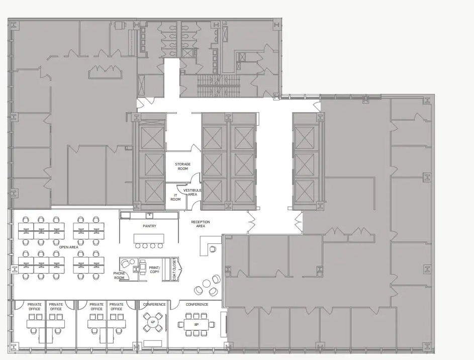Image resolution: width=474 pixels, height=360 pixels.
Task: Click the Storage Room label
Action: point(182,166)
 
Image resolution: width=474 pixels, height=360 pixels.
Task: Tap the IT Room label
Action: point(175,198)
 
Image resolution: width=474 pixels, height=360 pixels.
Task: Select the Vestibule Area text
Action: point(192,192)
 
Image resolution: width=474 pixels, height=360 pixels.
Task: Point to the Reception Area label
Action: point(201,224)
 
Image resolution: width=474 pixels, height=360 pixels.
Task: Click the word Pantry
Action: point(149,226)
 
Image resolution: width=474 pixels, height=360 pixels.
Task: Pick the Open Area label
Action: point(69,247)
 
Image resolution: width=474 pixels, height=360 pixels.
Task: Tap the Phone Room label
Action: point(119,276)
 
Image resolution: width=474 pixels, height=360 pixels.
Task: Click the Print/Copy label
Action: point(154,269)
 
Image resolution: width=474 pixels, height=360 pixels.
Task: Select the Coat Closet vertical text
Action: point(174,269)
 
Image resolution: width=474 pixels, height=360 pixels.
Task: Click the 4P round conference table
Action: point(153,322)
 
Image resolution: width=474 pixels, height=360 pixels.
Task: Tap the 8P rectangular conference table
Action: point(197,325)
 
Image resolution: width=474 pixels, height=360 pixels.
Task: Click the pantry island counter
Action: point(149,238)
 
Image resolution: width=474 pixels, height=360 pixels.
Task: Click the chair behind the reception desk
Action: point(213,249)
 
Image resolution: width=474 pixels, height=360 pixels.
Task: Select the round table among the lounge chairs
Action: point(207,284)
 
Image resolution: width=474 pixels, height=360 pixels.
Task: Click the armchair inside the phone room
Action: point(125,263)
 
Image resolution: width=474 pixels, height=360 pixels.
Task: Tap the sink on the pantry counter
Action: point(149,215)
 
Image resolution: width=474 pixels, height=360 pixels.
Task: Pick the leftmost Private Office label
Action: point(35,307)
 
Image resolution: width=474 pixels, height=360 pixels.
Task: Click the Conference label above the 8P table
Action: point(197,304)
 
